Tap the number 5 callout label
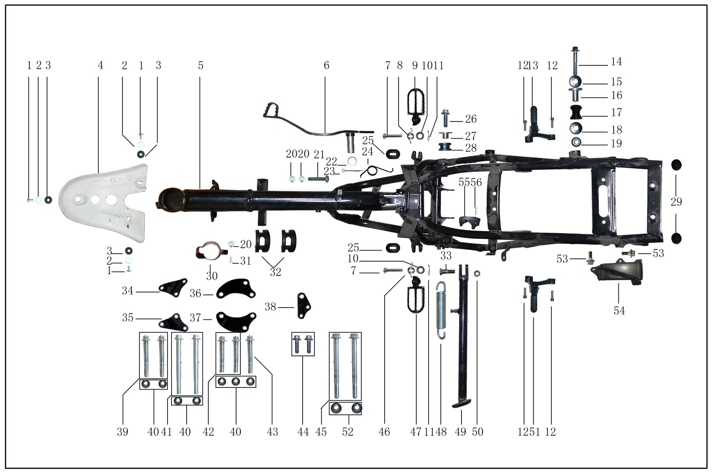click(201, 65)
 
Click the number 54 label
click(619, 311)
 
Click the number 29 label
click(676, 202)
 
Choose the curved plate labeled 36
click(236, 290)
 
